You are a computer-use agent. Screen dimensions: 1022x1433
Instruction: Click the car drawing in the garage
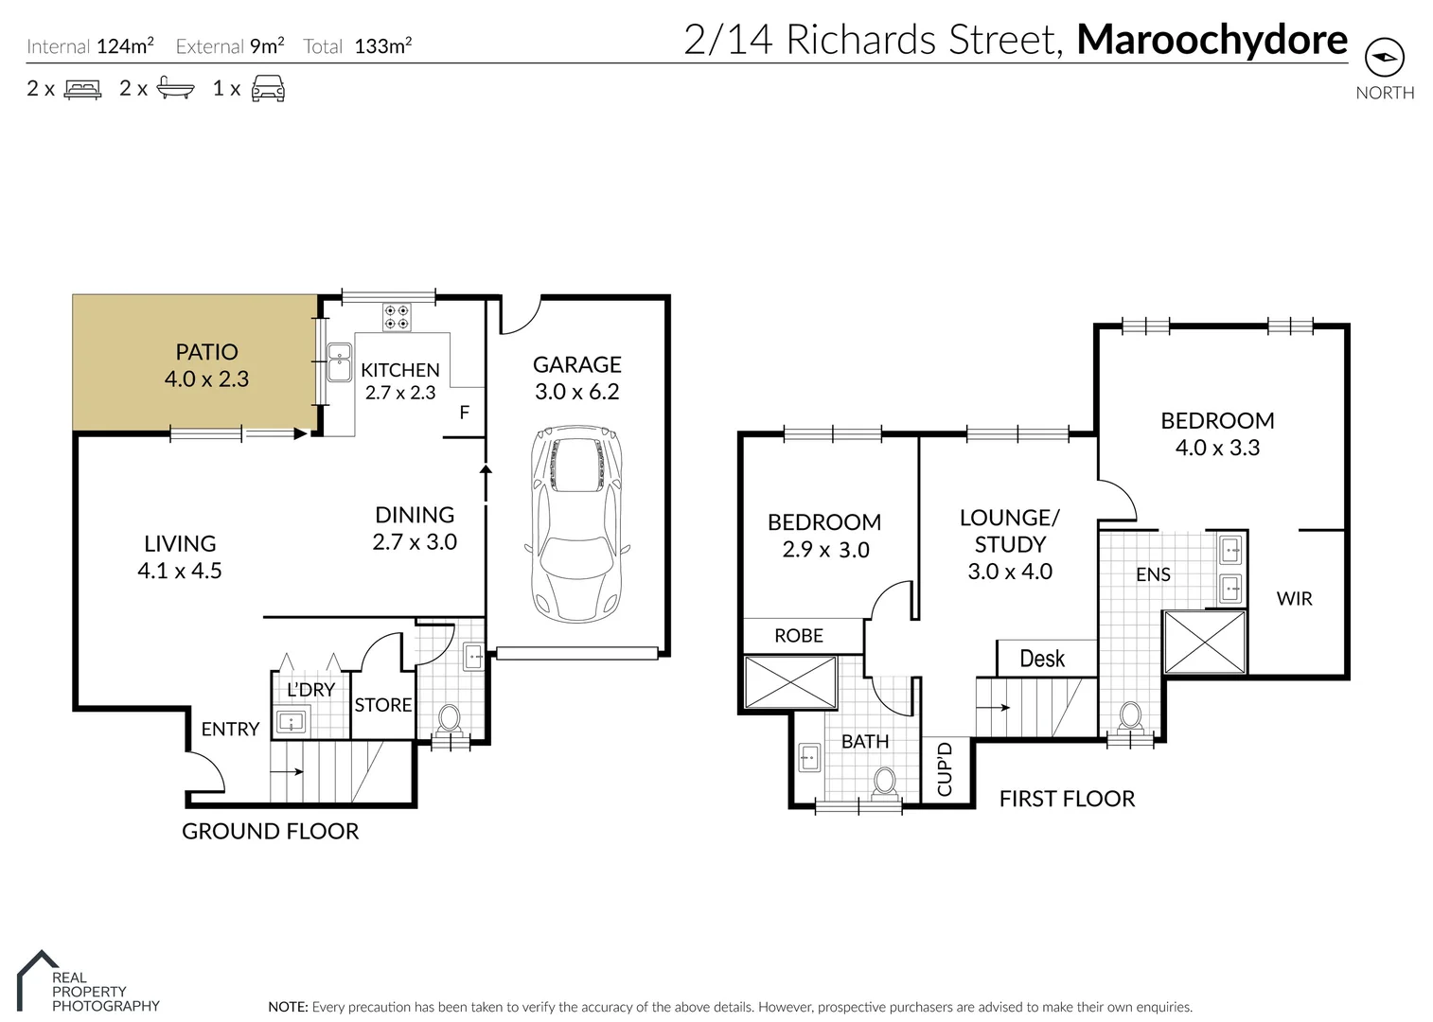tap(576, 524)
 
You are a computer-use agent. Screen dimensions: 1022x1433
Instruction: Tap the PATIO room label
tap(206, 352)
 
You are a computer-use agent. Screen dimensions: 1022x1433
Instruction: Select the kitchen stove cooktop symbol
tap(397, 316)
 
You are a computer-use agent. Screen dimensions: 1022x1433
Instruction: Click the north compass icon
tap(1384, 59)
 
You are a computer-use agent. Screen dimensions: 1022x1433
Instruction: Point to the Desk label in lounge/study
tap(1041, 659)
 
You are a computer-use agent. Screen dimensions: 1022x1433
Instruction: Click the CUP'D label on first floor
tap(945, 769)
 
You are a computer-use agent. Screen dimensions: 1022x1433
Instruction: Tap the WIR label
tap(1294, 598)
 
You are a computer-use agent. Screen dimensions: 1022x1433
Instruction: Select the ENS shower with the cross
tap(1204, 643)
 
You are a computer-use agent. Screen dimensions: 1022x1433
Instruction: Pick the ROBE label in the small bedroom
tap(799, 636)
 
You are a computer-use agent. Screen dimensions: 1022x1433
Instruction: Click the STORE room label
tap(382, 705)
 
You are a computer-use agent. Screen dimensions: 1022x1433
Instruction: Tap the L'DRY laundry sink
tap(290, 724)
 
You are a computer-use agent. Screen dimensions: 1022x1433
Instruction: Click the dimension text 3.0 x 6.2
tap(576, 392)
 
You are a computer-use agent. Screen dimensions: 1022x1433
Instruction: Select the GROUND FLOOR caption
tap(270, 831)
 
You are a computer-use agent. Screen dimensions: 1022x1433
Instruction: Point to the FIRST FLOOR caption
tap(1067, 799)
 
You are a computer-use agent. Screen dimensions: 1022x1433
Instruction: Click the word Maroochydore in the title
tap(1212, 40)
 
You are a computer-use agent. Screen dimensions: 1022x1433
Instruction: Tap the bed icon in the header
tap(82, 89)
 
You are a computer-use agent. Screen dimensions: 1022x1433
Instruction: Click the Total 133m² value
tap(382, 46)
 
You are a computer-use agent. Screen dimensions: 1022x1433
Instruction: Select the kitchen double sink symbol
tap(339, 362)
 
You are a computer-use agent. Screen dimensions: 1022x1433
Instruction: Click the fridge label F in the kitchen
tap(464, 413)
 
